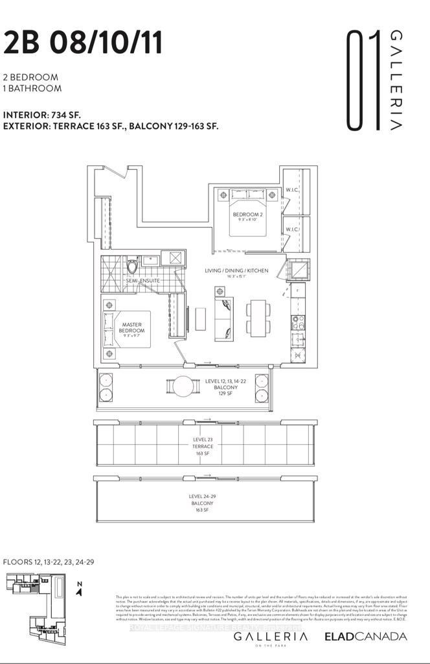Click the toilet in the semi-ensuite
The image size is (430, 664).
pos(133,266)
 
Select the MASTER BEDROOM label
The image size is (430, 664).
pos(132,327)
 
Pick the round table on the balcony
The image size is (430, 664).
pos(183,386)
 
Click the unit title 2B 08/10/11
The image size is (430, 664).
pos(83,44)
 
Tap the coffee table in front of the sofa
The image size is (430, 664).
pos(200,318)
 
